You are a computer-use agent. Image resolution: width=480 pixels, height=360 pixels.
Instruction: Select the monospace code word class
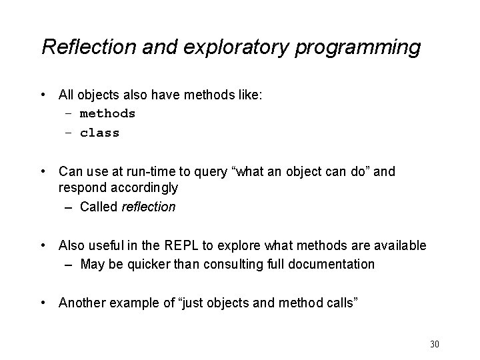click(x=99, y=133)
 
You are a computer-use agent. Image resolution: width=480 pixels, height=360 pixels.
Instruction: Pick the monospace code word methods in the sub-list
click(x=107, y=113)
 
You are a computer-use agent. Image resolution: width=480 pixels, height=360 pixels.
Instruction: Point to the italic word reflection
click(x=149, y=207)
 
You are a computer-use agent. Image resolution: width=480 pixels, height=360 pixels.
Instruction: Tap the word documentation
click(x=332, y=264)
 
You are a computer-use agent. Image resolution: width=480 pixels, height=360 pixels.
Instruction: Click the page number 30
click(x=435, y=344)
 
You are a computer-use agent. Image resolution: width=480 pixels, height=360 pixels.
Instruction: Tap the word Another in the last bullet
click(x=81, y=304)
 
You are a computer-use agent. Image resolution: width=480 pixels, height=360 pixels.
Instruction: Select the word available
click(x=401, y=246)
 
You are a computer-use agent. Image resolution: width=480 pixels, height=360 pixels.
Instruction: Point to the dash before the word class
click(x=68, y=133)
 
